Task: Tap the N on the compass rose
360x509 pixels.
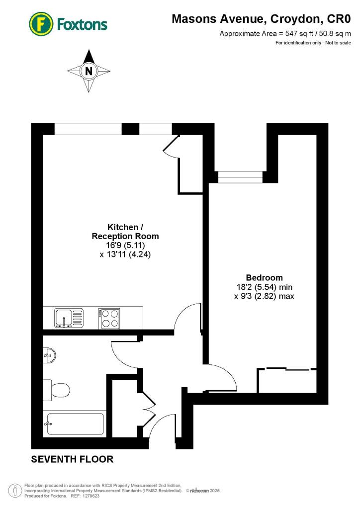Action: coord(89,71)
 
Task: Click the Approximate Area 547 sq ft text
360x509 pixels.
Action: coord(285,34)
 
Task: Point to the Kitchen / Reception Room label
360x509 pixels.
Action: coord(125,232)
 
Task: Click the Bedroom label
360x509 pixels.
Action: coord(264,277)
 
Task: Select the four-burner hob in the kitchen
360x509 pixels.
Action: coord(110,318)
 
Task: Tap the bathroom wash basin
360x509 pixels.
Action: coord(49,354)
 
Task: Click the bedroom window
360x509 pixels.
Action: coord(240,176)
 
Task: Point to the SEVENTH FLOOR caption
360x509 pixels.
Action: coord(73,459)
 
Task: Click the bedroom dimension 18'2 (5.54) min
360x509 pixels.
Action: coord(264,287)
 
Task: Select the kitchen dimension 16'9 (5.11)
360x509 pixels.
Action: coord(125,245)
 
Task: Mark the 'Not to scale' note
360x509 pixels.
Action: coord(337,43)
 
